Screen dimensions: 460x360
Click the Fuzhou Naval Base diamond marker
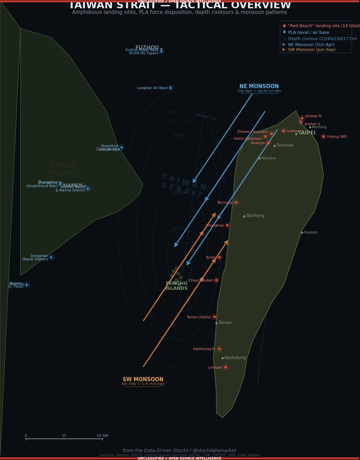(161, 51)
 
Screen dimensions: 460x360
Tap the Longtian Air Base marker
(171, 88)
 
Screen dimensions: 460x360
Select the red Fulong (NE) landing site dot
(324, 136)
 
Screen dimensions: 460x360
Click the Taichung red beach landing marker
(236, 202)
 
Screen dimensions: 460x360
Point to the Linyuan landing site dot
(226, 367)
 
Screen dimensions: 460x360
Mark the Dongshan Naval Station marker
(51, 257)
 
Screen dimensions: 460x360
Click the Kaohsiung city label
(235, 358)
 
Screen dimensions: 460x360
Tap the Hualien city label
(311, 232)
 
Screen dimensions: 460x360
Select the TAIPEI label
(307, 133)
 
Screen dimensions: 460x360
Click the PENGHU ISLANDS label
(177, 286)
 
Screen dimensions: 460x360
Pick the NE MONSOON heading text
(259, 86)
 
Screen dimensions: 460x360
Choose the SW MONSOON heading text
(143, 380)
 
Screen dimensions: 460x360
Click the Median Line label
(206, 117)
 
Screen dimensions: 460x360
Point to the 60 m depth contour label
(180, 135)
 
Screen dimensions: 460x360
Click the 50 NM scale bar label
(102, 436)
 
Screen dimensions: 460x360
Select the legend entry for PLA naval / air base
(308, 32)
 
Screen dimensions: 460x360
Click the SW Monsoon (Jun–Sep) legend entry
(311, 50)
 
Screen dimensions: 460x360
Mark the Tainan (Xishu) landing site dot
(215, 317)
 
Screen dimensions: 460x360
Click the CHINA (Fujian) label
(63, 169)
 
